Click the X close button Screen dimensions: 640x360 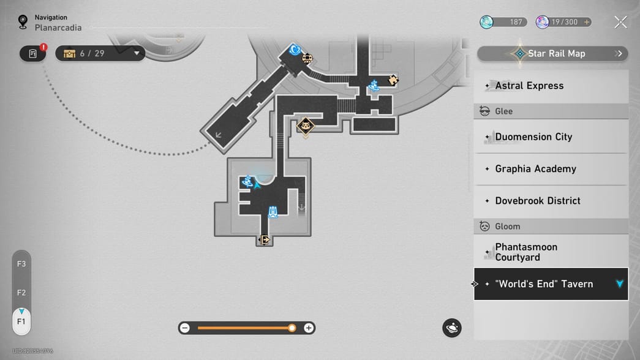pos(620,22)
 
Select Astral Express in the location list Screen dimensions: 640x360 pos(551,86)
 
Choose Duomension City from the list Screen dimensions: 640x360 pos(551,137)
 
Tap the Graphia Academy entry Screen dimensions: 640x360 pos(551,169)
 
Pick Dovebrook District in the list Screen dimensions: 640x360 pos(551,201)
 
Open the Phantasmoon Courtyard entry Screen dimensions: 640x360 pos(551,252)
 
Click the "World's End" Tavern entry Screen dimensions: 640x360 pos(551,284)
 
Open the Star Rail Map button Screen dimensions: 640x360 pos(552,53)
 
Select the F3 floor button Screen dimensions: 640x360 pos(21,264)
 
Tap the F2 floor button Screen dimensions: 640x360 pos(21,293)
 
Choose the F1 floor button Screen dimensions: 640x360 pos(21,321)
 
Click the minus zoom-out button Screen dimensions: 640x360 pos(185,328)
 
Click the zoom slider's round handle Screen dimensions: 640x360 pos(292,328)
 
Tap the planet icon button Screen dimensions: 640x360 pos(452,328)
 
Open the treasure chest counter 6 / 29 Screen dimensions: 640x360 pos(100,53)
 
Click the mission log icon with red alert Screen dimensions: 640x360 pos(33,53)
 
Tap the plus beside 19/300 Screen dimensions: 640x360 pos(587,22)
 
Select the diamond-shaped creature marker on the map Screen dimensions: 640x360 pos(306,126)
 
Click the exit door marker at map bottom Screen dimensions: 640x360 pos(264,239)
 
